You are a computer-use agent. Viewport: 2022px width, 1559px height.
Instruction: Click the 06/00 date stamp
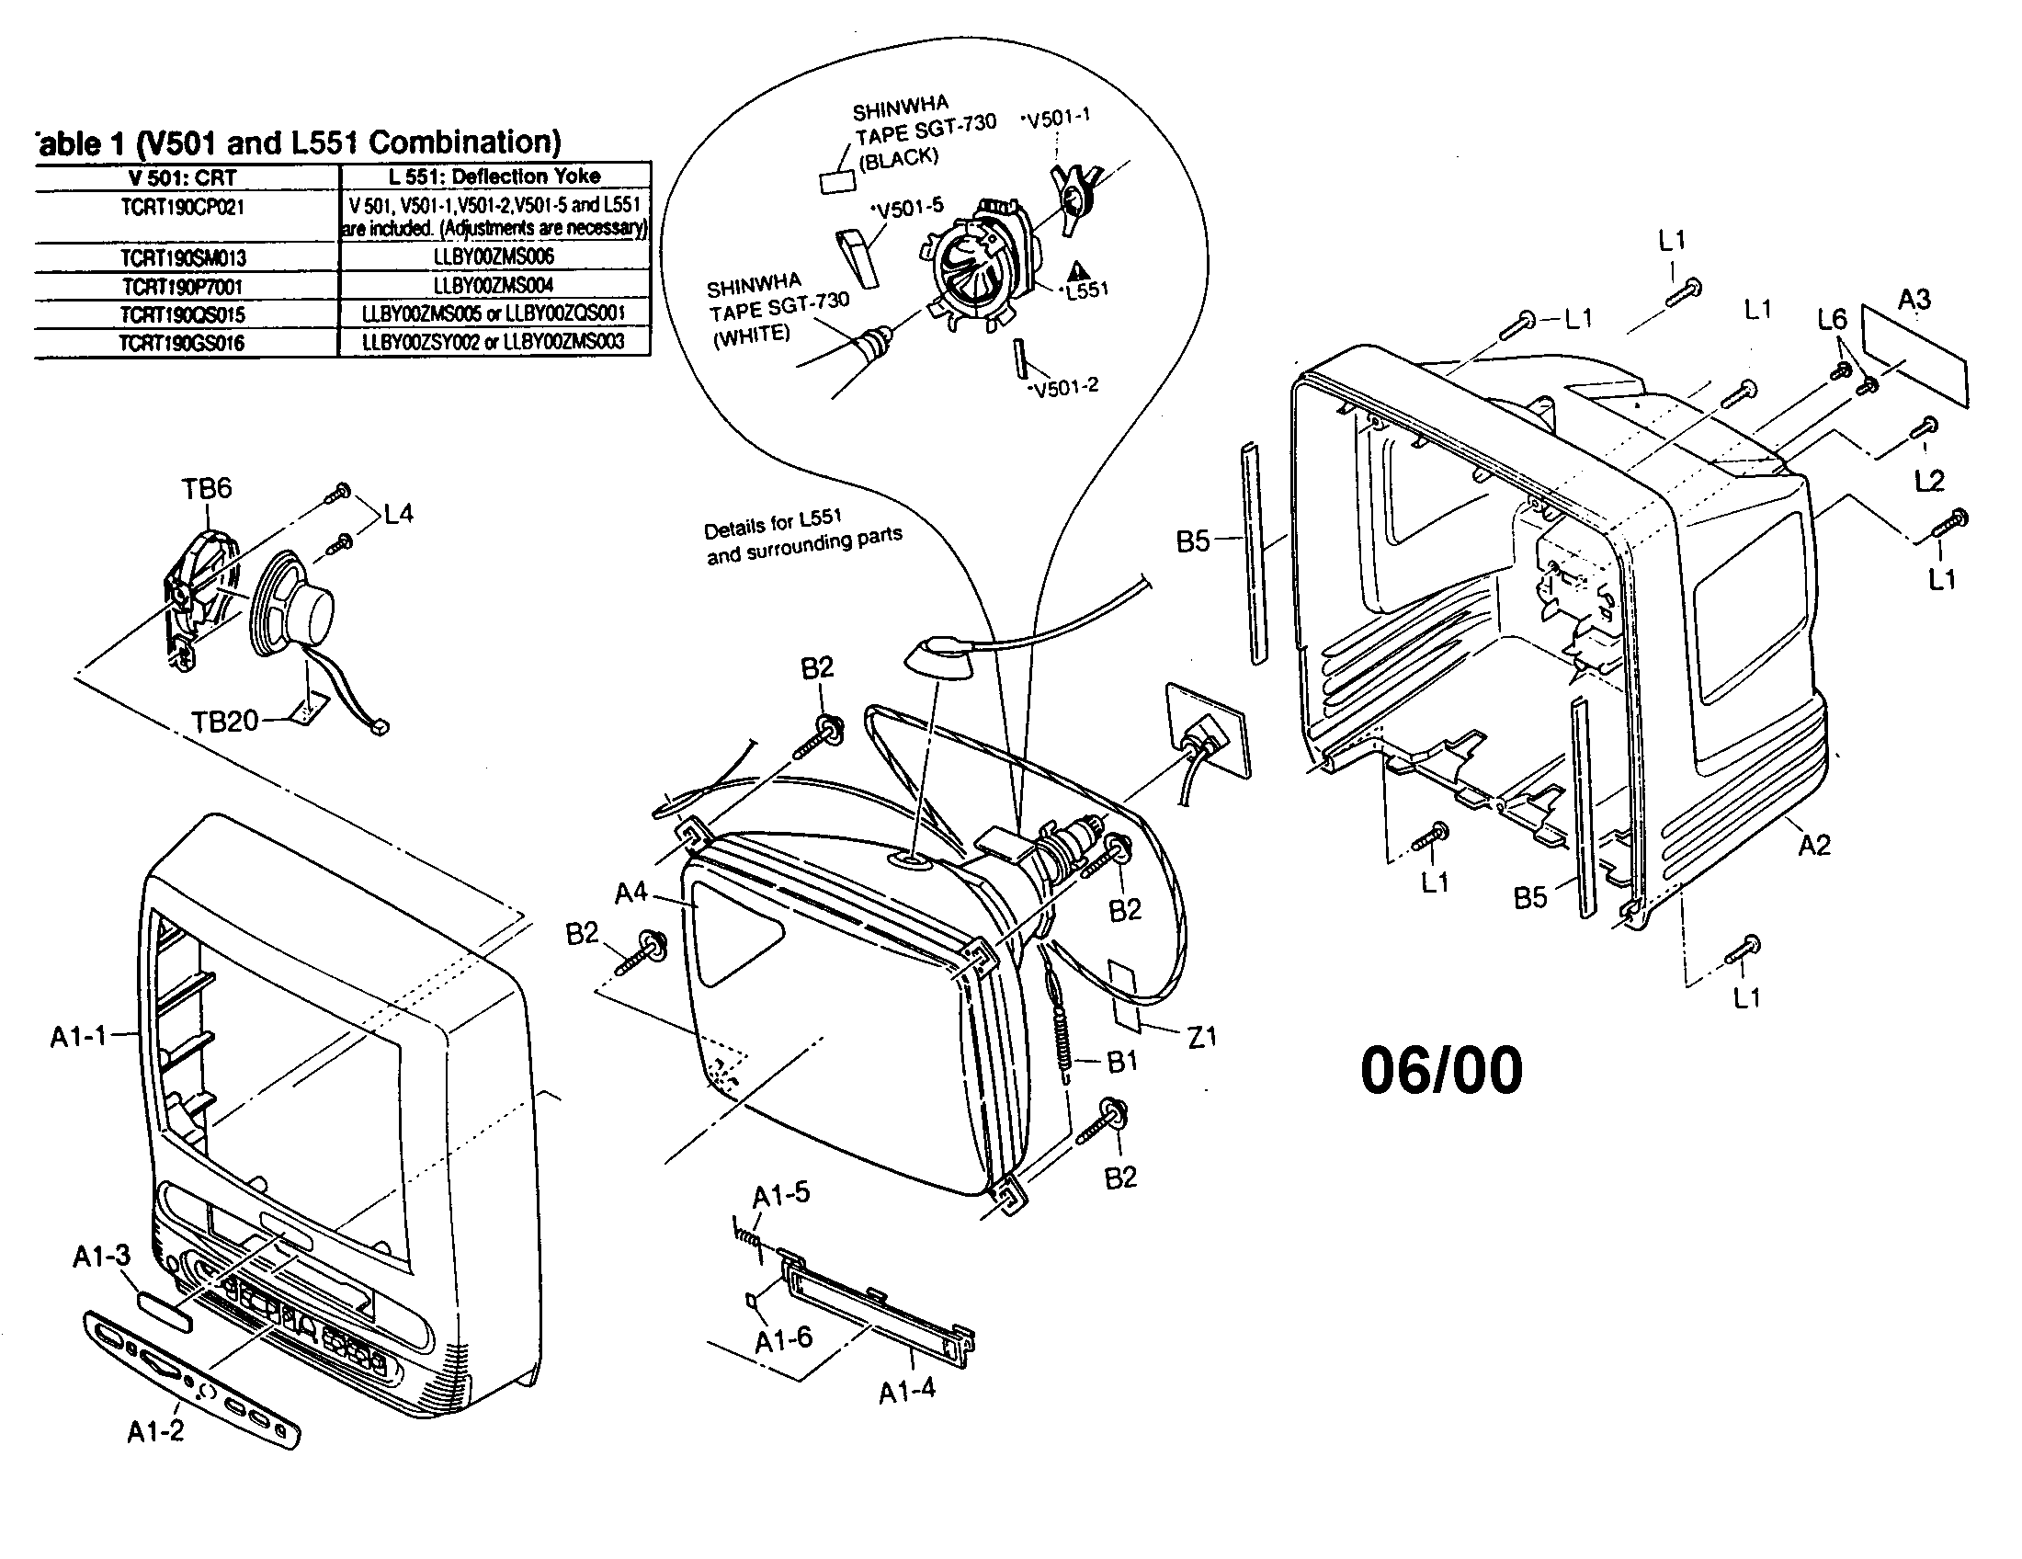(1440, 1070)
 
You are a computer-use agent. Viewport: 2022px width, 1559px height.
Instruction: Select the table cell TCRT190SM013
(183, 257)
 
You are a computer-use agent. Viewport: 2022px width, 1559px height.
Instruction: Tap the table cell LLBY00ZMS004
(494, 285)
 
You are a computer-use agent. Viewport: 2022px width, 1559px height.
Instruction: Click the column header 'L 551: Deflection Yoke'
(494, 176)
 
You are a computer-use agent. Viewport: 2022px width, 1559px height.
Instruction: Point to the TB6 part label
(206, 489)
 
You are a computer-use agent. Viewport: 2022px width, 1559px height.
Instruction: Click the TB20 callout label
(225, 722)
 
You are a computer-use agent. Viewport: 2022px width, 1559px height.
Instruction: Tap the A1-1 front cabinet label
(79, 1037)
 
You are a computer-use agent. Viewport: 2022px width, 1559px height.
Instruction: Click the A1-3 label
(102, 1257)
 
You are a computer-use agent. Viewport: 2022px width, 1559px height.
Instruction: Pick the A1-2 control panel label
(155, 1431)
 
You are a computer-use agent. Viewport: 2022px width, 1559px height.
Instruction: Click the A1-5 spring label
(780, 1194)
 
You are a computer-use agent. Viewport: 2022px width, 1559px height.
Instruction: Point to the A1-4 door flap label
(906, 1391)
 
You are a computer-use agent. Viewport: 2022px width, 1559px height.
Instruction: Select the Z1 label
(1202, 1038)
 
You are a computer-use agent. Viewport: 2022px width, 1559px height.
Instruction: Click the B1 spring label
(1122, 1062)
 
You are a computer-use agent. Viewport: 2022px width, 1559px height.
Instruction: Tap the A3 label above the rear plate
(1914, 300)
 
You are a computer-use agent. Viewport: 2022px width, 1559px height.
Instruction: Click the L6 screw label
(1831, 319)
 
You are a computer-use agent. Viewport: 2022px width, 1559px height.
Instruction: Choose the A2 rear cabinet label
(1813, 844)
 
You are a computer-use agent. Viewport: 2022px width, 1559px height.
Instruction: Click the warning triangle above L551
(1078, 270)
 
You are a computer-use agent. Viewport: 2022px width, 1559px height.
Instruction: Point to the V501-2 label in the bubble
(1064, 387)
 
